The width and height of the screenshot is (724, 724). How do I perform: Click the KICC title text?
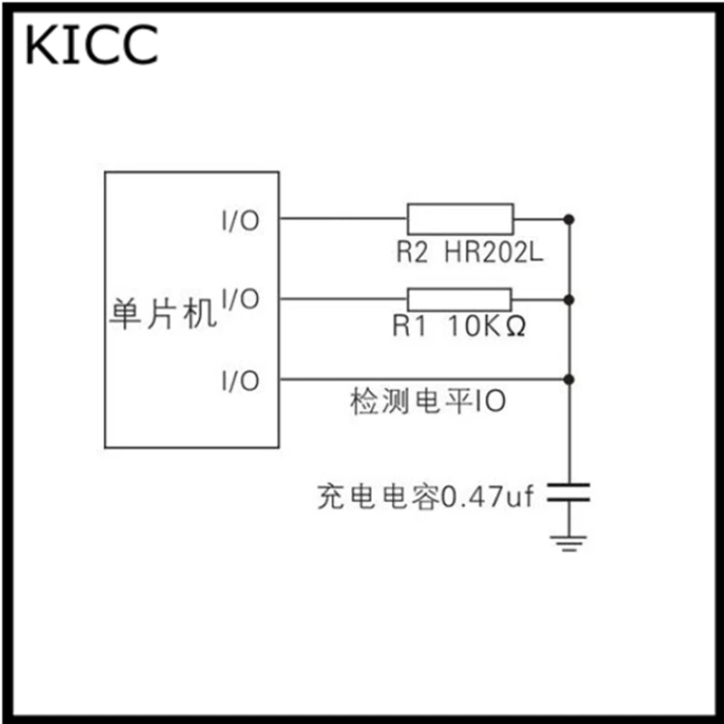(x=92, y=44)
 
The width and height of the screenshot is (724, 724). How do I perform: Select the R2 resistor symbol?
(x=461, y=219)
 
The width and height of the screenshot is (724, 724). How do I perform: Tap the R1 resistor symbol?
(x=460, y=300)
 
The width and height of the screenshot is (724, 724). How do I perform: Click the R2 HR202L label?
(x=470, y=252)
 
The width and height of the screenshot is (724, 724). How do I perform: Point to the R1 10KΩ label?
(x=459, y=326)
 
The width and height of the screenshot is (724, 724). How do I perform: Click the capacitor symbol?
(x=569, y=492)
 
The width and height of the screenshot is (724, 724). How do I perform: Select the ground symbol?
(x=569, y=544)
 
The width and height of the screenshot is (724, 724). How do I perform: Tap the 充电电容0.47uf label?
(x=425, y=496)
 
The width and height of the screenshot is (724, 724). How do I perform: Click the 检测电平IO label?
(x=428, y=401)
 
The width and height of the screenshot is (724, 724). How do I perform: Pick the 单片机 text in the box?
(x=163, y=314)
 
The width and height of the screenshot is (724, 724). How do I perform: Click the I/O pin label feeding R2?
(x=241, y=221)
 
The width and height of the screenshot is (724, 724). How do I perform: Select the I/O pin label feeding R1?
(x=241, y=299)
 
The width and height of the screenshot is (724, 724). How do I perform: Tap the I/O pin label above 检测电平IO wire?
(x=241, y=381)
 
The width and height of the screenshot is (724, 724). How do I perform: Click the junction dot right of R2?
(x=569, y=219)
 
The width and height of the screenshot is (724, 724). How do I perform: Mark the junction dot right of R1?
(x=569, y=300)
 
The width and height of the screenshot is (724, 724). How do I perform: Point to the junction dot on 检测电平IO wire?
(x=569, y=379)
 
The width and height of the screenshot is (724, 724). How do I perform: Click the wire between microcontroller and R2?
(x=343, y=218)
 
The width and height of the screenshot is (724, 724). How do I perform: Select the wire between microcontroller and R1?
(x=343, y=299)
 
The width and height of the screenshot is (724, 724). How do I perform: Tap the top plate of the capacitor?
(x=569, y=485)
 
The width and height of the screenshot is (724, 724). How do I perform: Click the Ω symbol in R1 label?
(x=516, y=327)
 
